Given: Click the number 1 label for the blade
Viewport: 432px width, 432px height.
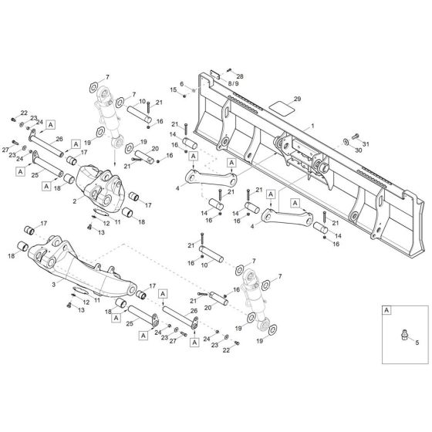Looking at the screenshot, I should [x=312, y=126].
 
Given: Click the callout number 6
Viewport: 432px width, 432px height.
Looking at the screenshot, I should [x=182, y=84].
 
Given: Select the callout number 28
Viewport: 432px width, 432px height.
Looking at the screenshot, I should [x=240, y=77].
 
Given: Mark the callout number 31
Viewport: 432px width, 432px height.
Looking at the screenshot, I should [x=366, y=144].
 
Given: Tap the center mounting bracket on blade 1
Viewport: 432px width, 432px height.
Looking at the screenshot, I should [x=291, y=150].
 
